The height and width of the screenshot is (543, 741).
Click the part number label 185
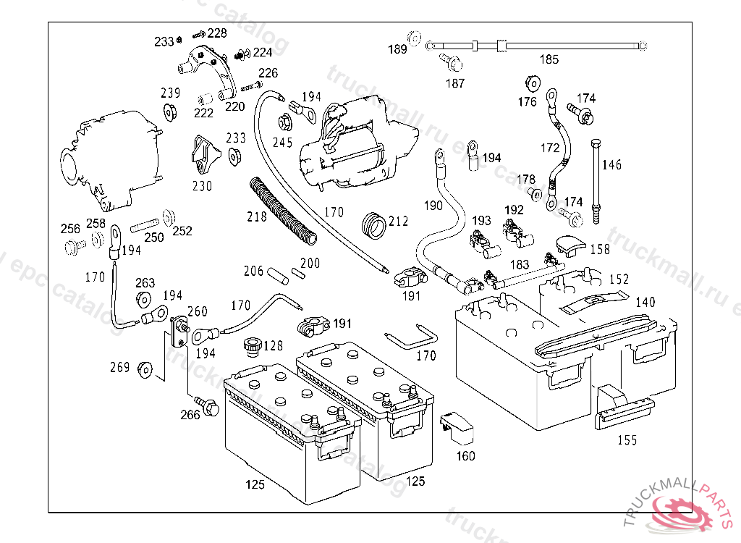click(x=549, y=59)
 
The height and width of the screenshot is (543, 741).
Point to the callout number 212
click(x=398, y=222)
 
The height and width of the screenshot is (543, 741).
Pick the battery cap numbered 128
click(x=253, y=347)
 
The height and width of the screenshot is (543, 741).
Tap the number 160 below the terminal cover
click(x=465, y=456)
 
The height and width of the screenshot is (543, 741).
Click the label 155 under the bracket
click(x=627, y=440)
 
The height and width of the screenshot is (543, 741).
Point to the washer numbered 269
click(x=145, y=369)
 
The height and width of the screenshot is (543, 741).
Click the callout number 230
click(x=202, y=186)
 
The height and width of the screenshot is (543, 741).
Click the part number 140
click(x=645, y=303)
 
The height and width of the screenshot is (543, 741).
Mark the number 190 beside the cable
click(x=433, y=206)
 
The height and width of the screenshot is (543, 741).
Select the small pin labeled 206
click(x=276, y=276)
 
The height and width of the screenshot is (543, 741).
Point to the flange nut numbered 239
click(x=171, y=111)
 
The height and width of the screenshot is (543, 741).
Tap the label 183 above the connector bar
click(x=520, y=265)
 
